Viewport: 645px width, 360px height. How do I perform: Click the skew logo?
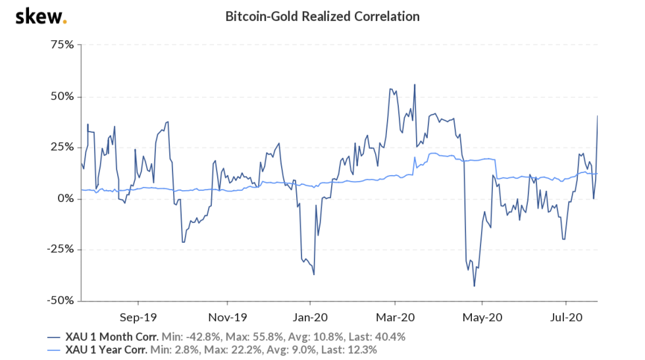coord(41,16)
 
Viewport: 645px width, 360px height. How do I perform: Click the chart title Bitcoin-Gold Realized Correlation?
coord(322,16)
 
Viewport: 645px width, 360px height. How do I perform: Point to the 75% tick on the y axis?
coord(63,45)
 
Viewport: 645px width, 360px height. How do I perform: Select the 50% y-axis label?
coord(63,96)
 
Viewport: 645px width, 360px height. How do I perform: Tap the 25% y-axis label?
coord(63,147)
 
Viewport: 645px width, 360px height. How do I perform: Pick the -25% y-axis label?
coord(61,249)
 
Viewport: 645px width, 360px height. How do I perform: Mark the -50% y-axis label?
coord(61,300)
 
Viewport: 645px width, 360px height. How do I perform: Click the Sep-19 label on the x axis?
coord(138,316)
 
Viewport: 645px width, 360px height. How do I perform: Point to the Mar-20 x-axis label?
coord(394,316)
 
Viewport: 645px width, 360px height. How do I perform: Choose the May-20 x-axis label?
coord(482,316)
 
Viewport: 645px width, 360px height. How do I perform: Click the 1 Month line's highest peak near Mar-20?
coord(415,84)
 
